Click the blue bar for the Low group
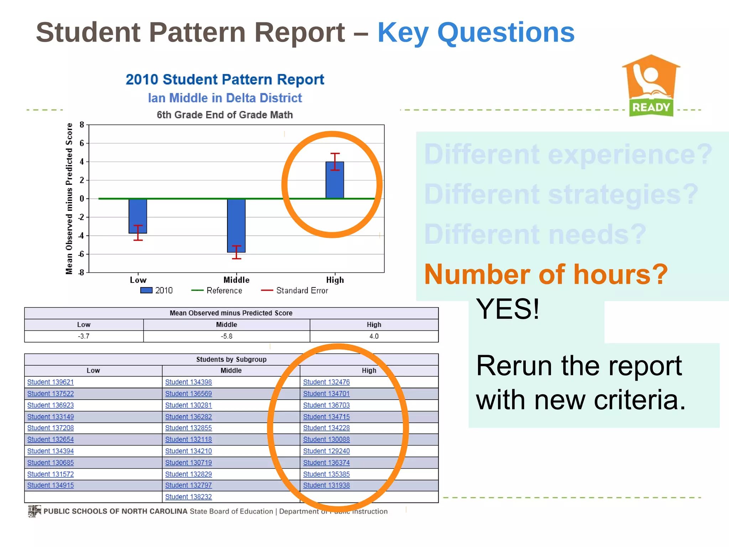[138, 216]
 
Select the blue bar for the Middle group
[236, 225]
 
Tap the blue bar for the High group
[335, 180]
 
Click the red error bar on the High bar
[335, 161]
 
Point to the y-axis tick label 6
[82, 143]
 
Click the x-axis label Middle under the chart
[236, 280]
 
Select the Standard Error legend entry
[295, 291]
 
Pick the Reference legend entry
[217, 291]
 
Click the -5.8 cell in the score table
[226, 336]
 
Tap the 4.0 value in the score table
[374, 336]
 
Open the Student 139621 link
[51, 382]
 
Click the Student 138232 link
[188, 497]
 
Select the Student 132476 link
[326, 382]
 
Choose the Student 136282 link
[188, 417]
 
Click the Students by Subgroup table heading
[231, 359]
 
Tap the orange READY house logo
[651, 85]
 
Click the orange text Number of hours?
[546, 274]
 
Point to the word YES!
[508, 309]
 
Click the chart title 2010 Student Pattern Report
[225, 79]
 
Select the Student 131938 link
[326, 485]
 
